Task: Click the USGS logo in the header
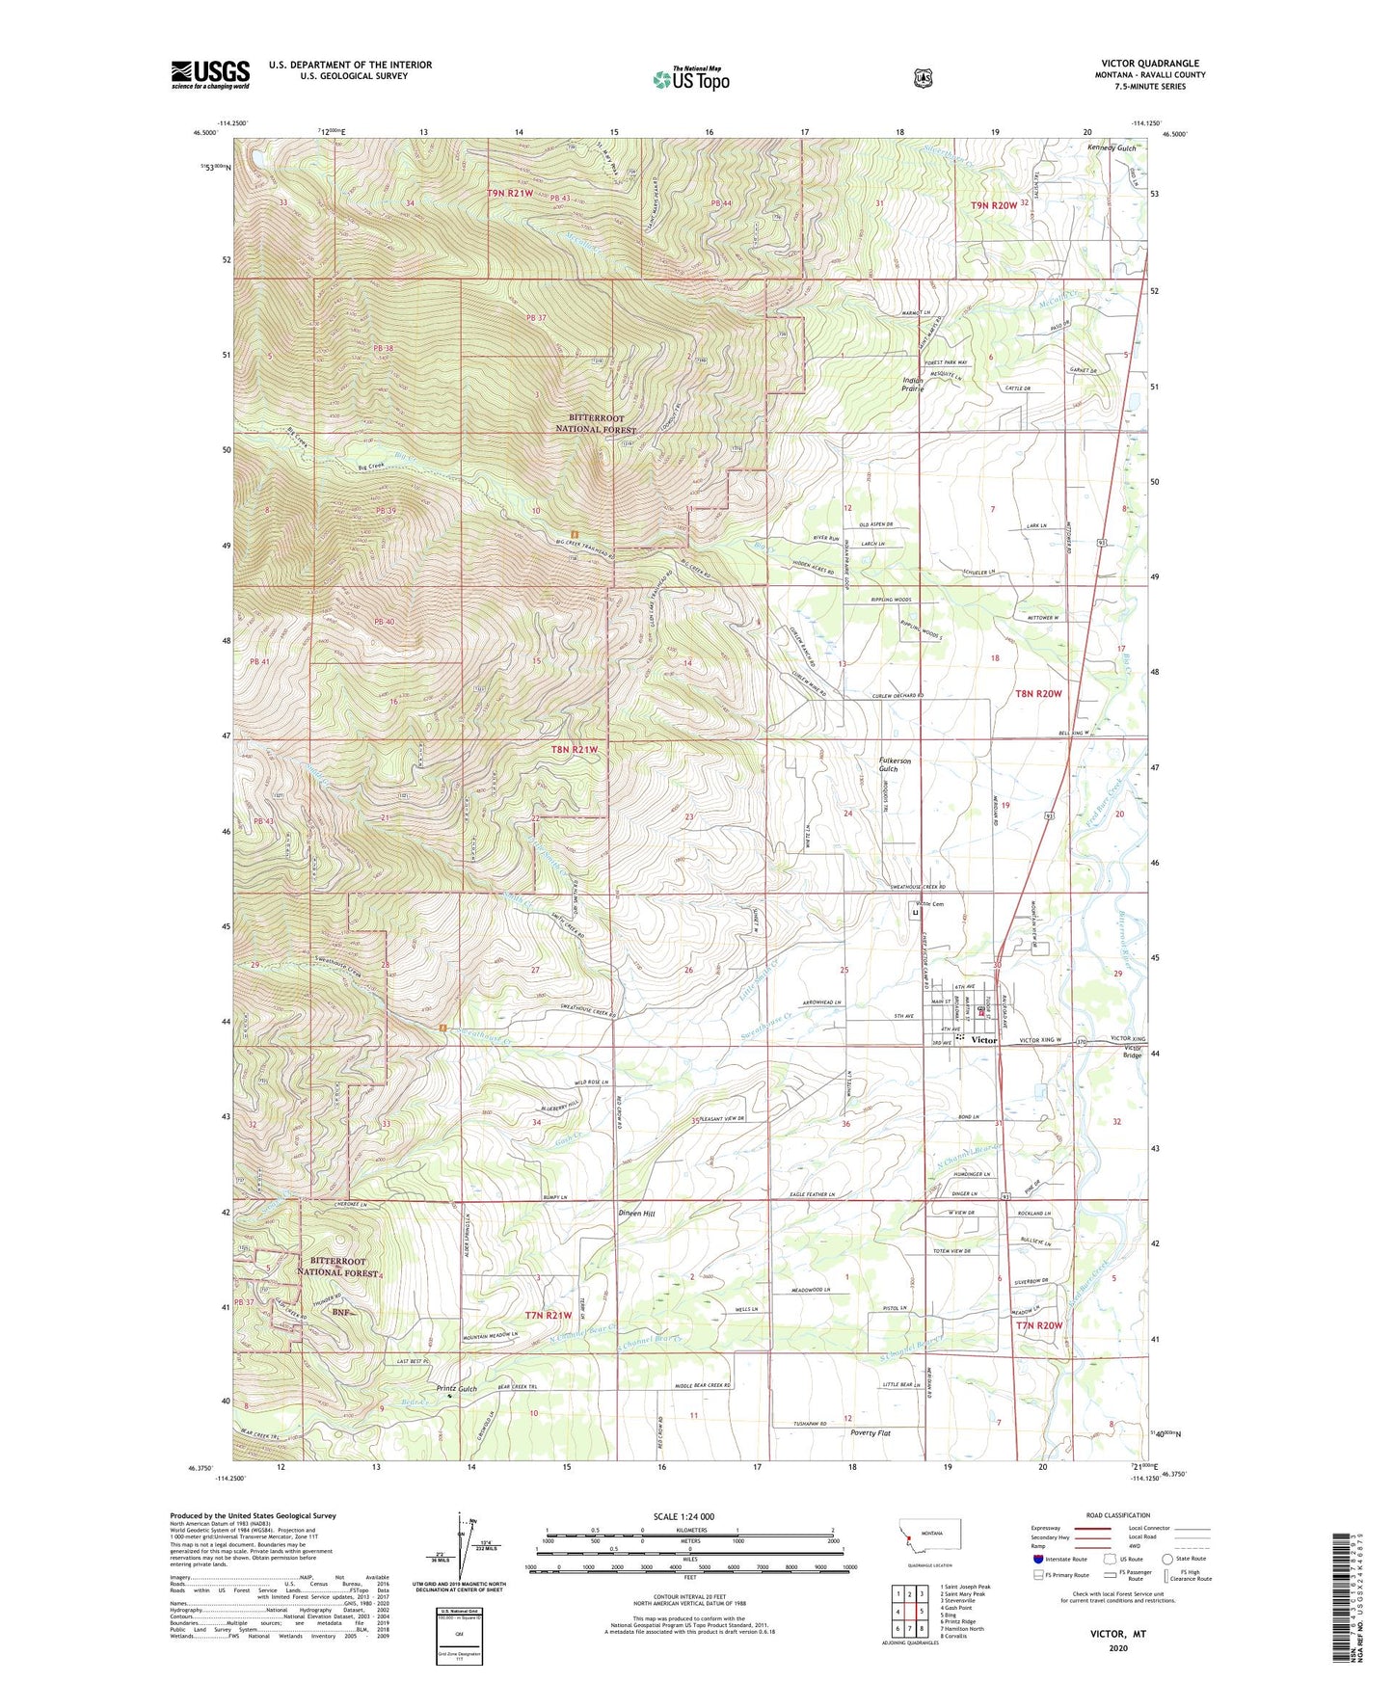point(210,74)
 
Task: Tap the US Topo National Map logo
point(690,78)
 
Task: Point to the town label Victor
point(983,1040)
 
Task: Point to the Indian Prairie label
point(912,385)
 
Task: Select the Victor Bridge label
point(1132,1051)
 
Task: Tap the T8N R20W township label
point(1038,693)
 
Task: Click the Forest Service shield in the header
point(923,78)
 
